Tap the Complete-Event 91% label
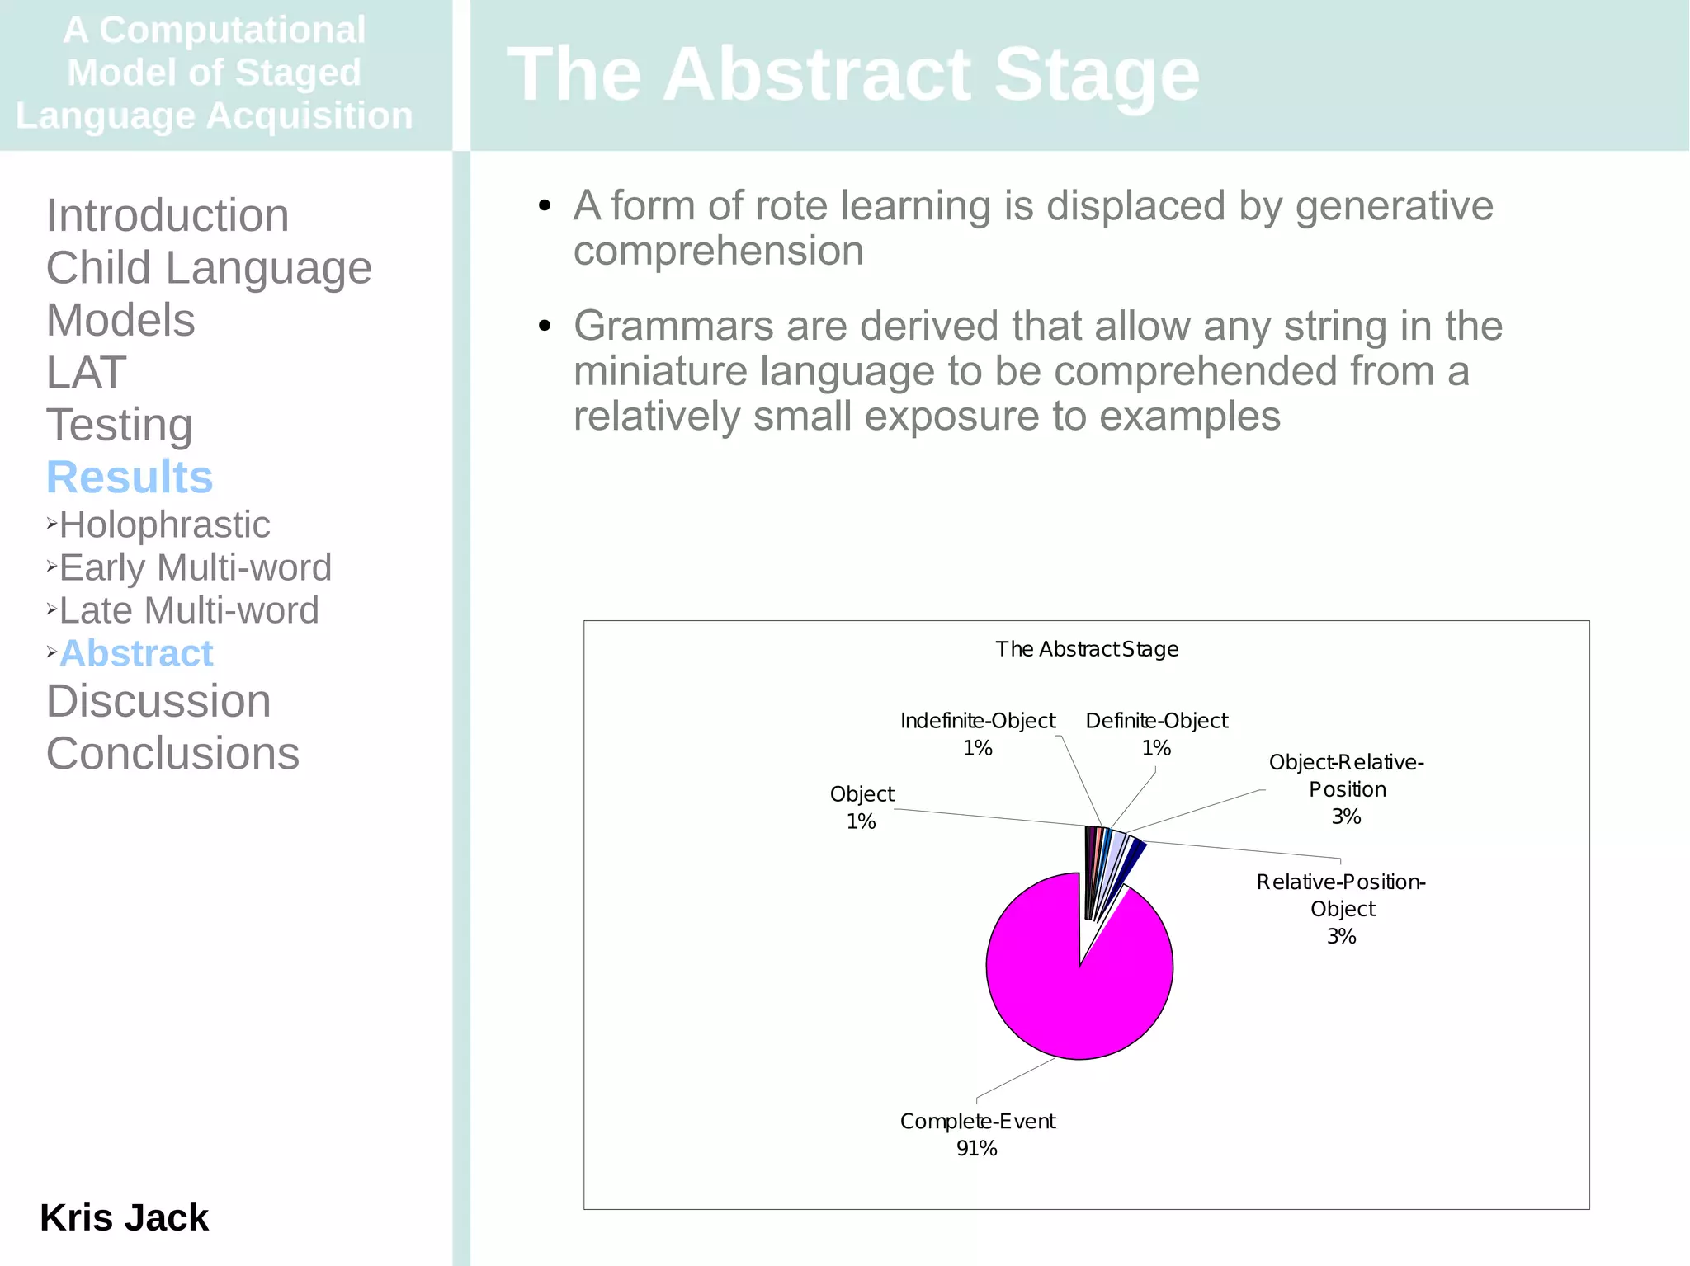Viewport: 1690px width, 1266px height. tap(977, 1134)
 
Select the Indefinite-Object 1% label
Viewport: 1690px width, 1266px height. tap(978, 734)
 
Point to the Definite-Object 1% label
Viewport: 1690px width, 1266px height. tap(1156, 734)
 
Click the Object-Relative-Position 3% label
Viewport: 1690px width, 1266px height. tap(1346, 788)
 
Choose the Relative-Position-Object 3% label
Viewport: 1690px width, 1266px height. tap(1341, 908)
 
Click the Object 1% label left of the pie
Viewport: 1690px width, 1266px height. tap(862, 807)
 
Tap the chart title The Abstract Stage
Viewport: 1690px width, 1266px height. tap(1086, 649)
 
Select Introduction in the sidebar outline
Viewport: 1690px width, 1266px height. tap(168, 215)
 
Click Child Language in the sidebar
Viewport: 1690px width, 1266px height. tap(209, 268)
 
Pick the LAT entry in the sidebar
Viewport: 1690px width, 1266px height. tap(86, 373)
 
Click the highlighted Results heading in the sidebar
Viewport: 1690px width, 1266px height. tap(130, 478)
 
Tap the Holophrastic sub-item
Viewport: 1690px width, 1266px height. tap(164, 525)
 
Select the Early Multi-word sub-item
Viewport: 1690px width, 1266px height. tap(195, 567)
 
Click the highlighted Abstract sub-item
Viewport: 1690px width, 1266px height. tap(136, 653)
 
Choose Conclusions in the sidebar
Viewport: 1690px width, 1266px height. tap(172, 753)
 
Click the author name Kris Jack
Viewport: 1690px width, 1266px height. tap(124, 1217)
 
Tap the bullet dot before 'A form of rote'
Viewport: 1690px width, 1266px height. tap(544, 206)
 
